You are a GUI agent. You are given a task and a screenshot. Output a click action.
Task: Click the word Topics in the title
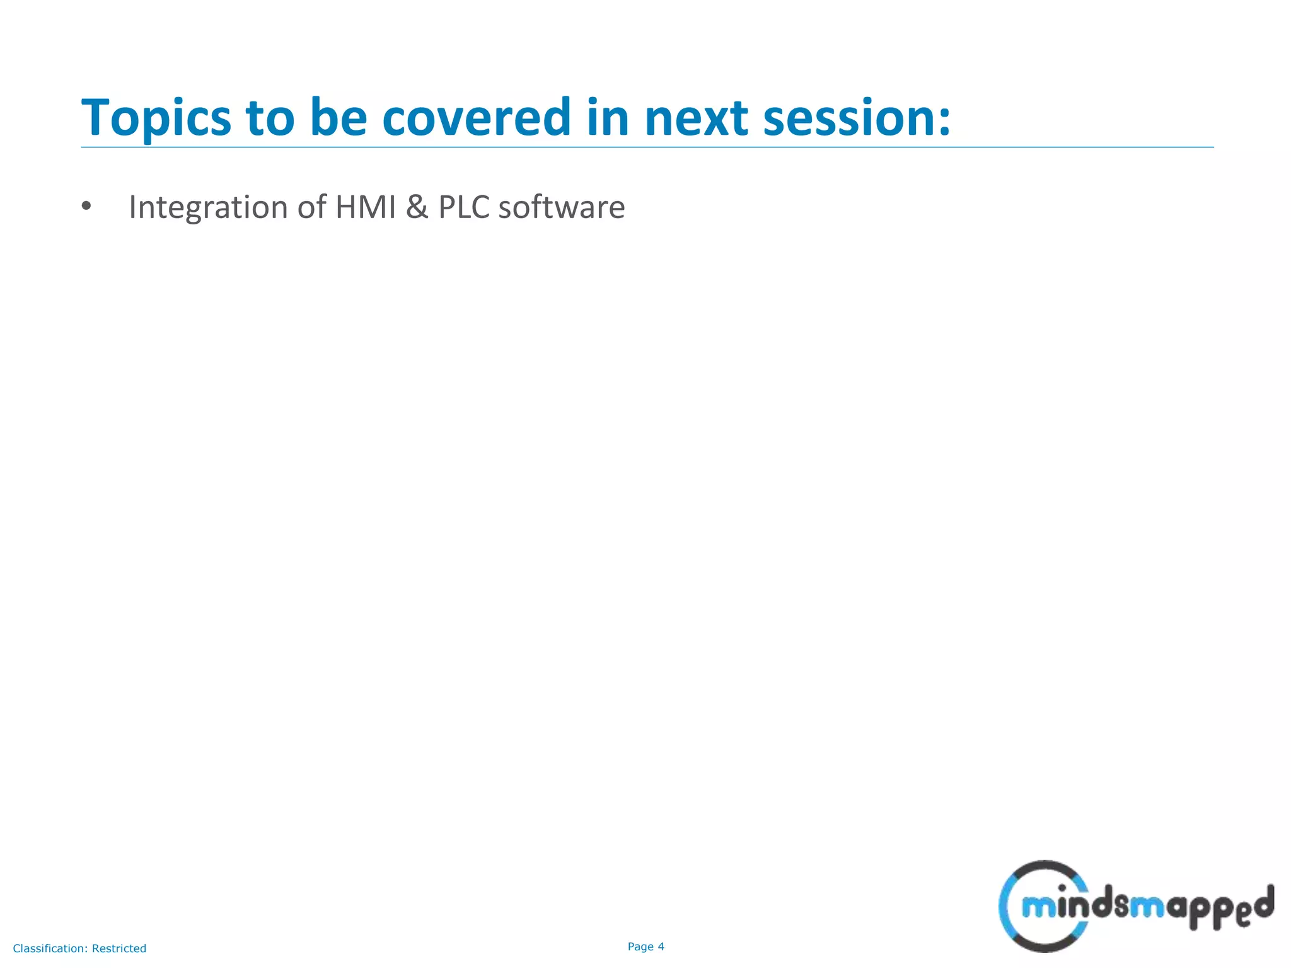pos(156,118)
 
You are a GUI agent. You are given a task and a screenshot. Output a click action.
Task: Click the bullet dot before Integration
pos(86,206)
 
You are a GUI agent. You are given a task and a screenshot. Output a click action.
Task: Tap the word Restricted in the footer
pos(119,948)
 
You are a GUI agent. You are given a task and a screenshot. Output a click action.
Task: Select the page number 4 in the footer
pos(661,947)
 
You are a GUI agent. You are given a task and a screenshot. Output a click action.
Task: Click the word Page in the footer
pos(640,947)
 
